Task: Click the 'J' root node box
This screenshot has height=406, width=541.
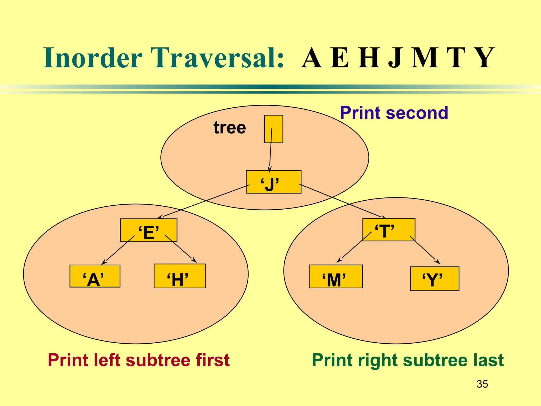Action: tap(273, 182)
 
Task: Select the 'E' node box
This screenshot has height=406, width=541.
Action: tap(148, 230)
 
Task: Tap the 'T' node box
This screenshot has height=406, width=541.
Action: tap(389, 229)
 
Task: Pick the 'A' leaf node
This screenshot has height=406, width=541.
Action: tap(95, 276)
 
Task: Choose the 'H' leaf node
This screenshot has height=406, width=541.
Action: tap(180, 276)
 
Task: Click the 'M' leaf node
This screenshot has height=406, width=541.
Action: tap(335, 276)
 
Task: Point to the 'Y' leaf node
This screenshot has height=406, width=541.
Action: tap(435, 279)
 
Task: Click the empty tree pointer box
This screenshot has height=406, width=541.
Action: tap(273, 129)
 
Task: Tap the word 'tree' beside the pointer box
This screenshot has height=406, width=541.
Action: tap(230, 128)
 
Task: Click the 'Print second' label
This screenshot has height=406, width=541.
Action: tap(394, 113)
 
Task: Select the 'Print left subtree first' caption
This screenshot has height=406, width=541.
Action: tap(139, 360)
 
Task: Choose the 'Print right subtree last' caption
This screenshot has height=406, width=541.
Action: tap(408, 360)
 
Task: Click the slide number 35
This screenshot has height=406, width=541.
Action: tap(482, 384)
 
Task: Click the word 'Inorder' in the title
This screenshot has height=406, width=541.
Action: tap(93, 58)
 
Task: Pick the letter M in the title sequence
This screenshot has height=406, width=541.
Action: tap(425, 58)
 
